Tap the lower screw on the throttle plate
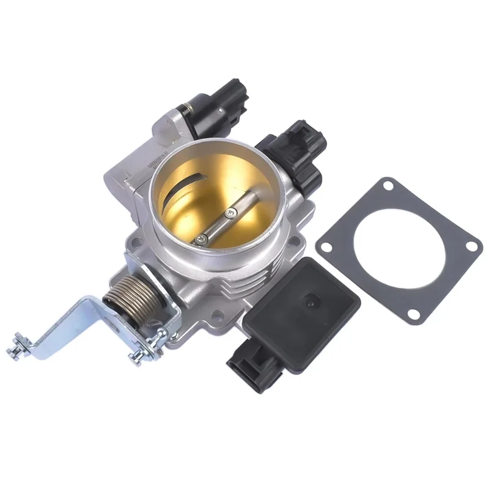click(199, 240)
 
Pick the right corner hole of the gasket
click(471, 245)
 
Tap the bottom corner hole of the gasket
click(414, 314)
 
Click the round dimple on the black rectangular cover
click(311, 301)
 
